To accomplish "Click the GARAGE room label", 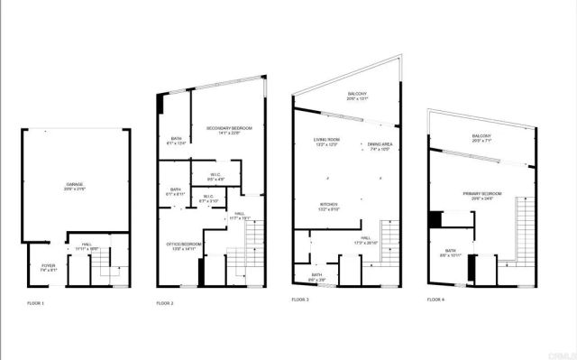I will pyautogui.click(x=73, y=184).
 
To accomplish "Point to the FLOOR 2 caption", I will pyautogui.click(x=164, y=302).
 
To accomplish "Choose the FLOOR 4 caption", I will pyautogui.click(x=436, y=300).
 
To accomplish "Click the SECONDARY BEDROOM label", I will pyautogui.click(x=229, y=130).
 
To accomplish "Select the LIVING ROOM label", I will pyautogui.click(x=325, y=140).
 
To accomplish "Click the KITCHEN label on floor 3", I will pyautogui.click(x=329, y=205).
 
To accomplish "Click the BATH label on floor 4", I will pyautogui.click(x=450, y=252).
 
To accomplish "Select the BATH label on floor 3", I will pyautogui.click(x=317, y=275).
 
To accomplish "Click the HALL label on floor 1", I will pyautogui.click(x=87, y=245).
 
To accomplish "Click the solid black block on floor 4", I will pyautogui.click(x=435, y=218).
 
